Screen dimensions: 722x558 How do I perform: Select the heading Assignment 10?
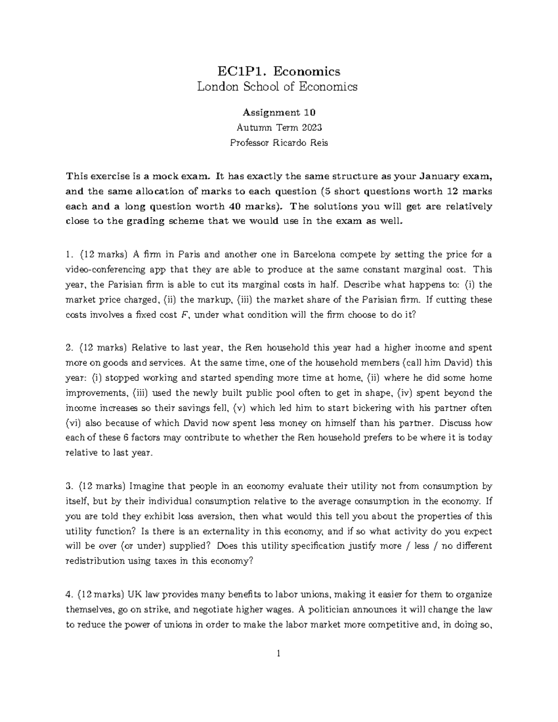point(279,113)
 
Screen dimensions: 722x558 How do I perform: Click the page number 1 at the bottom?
point(279,654)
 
